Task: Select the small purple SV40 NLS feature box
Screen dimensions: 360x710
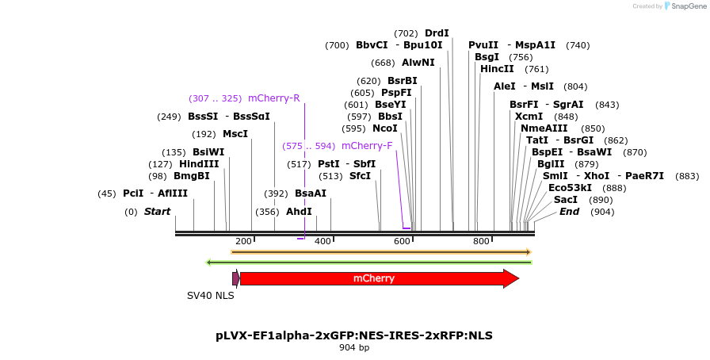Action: [235, 278]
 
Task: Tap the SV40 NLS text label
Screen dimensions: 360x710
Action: [210, 296]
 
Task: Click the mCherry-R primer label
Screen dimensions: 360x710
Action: [273, 98]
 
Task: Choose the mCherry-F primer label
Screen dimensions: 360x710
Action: [366, 146]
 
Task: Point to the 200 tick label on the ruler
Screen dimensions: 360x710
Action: [243, 241]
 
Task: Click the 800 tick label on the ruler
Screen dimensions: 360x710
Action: [481, 241]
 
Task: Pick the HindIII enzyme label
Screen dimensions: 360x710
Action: [198, 164]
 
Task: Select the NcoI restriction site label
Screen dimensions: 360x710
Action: [385, 128]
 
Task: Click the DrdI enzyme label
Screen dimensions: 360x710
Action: [437, 33]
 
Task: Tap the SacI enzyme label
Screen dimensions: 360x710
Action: [566, 200]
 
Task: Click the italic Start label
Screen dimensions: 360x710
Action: [157, 212]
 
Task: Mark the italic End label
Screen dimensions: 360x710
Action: [569, 212]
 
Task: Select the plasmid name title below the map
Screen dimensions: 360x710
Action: [354, 335]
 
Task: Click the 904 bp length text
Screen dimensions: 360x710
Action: [354, 348]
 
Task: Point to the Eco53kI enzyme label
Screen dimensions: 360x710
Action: [570, 188]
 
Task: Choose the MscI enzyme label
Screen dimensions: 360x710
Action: [235, 134]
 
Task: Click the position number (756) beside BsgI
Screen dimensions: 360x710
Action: [521, 57]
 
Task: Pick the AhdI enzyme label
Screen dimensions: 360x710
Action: [299, 212]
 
